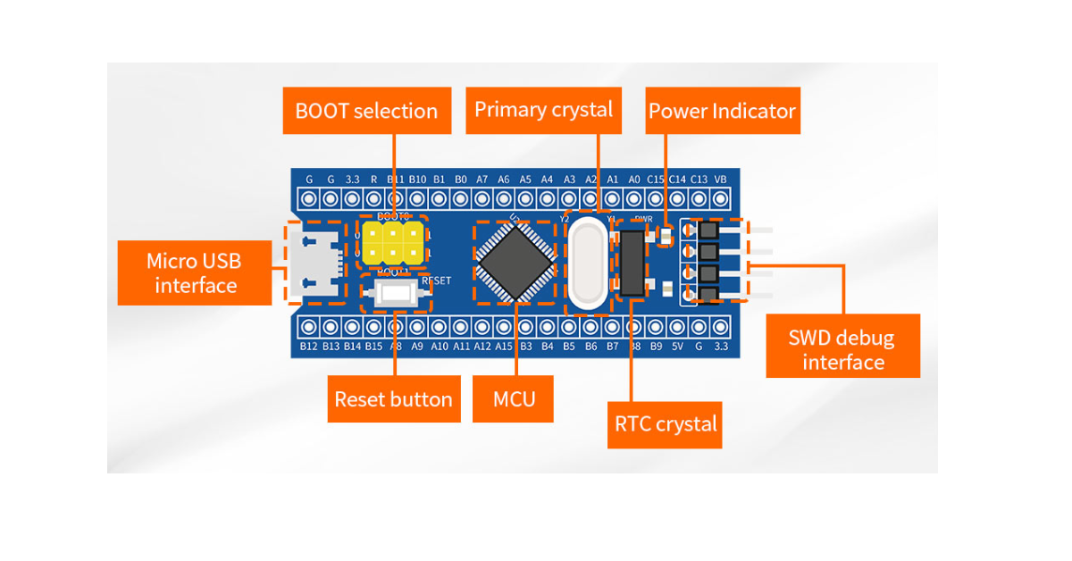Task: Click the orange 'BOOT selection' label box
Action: point(366,111)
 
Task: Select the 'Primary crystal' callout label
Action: point(543,110)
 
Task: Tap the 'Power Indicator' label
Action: point(722,111)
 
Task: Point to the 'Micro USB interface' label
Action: point(195,273)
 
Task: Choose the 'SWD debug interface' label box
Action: point(842,350)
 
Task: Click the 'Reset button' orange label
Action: point(393,399)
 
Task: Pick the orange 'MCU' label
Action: point(515,398)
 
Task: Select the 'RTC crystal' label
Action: point(666,423)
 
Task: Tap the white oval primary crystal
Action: point(588,264)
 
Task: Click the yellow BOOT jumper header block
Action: point(392,242)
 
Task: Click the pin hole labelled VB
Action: point(721,198)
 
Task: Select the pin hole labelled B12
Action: point(308,327)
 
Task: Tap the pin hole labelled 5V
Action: point(677,327)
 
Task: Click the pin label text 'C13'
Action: point(699,180)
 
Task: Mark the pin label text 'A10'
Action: point(440,346)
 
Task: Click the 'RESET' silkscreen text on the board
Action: point(436,280)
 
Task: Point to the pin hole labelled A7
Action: point(482,198)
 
